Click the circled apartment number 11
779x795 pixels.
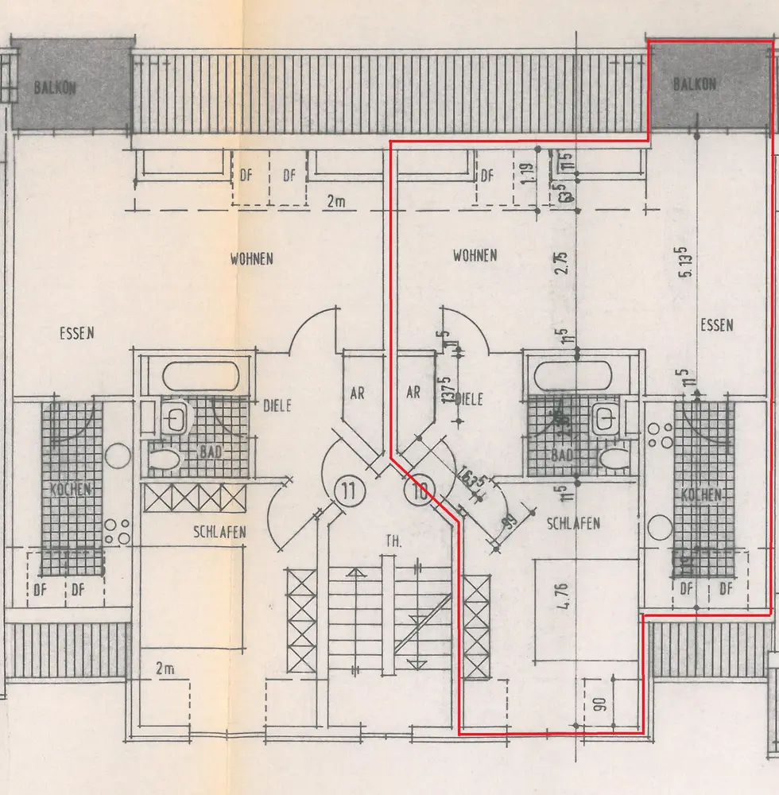tap(347, 489)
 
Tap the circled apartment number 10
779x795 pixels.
tap(417, 490)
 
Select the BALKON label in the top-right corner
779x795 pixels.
tap(695, 84)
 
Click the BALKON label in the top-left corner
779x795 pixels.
tap(55, 87)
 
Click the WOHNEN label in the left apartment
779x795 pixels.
tap(252, 258)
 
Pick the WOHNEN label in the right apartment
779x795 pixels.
tap(475, 255)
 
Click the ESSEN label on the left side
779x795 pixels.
tap(77, 333)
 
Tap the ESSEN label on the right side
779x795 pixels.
tap(717, 324)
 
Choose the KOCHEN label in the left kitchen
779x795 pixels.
tap(72, 489)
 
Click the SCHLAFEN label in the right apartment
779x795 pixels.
tap(573, 523)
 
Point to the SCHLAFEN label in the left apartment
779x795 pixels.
tap(219, 532)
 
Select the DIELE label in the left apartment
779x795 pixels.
tap(277, 405)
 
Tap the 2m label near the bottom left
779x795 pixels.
tap(165, 669)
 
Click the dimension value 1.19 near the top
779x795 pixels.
tap(525, 174)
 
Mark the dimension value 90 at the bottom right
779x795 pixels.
tap(599, 704)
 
